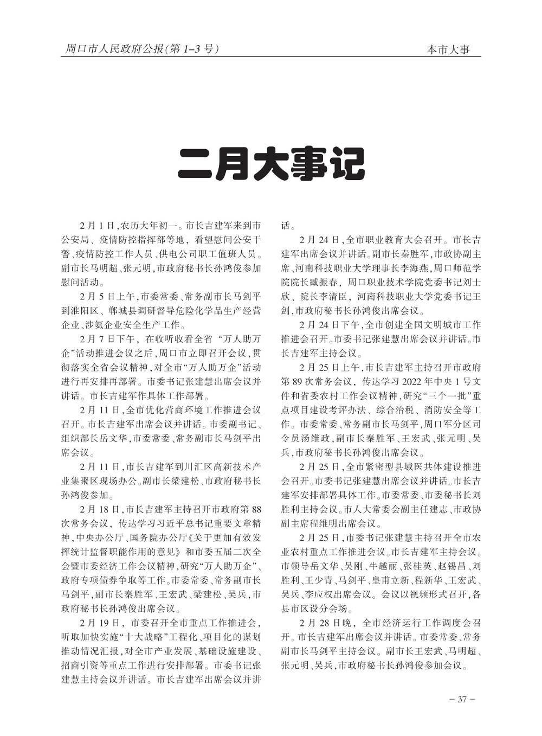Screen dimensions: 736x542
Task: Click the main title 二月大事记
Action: click(271, 163)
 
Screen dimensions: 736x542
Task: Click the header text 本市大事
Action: click(447, 50)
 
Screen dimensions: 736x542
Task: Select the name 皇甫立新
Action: click(389, 580)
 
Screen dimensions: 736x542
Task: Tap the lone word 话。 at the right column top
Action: click(287, 226)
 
